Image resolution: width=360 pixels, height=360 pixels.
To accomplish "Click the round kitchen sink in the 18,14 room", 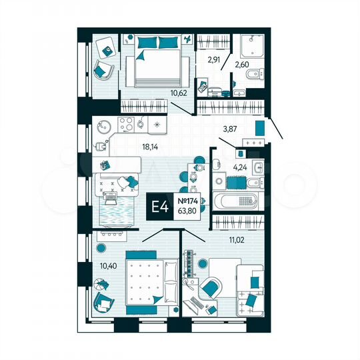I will click(x=104, y=124).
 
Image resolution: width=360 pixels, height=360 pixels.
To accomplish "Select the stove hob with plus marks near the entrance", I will click(x=253, y=143).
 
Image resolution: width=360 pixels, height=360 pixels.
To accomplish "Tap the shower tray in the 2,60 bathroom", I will click(x=253, y=43).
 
